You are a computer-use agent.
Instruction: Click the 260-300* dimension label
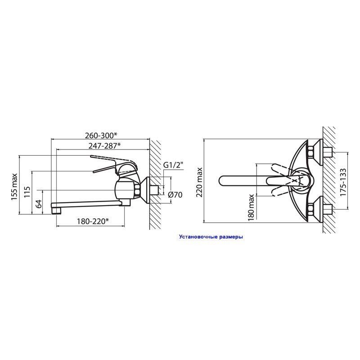101,136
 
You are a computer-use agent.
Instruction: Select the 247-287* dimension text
104,146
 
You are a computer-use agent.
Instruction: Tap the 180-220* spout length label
93,221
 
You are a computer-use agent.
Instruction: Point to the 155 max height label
14,187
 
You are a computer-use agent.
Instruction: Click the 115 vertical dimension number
27,192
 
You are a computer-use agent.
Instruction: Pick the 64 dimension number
39,204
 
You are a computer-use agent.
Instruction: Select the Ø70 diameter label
175,195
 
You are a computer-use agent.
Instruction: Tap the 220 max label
199,182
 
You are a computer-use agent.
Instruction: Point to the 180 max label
251,208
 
